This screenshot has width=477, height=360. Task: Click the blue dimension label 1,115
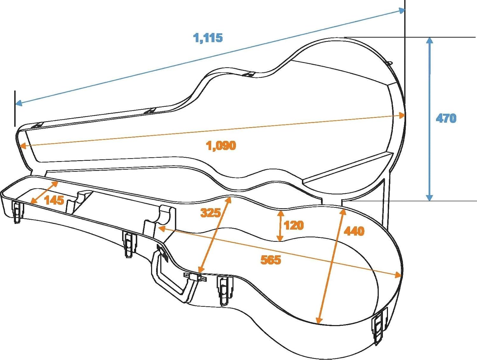pyautogui.click(x=208, y=38)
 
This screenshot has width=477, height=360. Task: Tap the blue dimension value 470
pyautogui.click(x=446, y=118)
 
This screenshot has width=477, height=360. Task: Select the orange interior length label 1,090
pyautogui.click(x=221, y=146)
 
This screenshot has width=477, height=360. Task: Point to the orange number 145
pyautogui.click(x=54, y=200)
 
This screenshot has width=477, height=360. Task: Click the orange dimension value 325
pyautogui.click(x=211, y=213)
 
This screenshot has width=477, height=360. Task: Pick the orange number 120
pyautogui.click(x=294, y=225)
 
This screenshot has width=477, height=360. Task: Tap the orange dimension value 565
pyautogui.click(x=271, y=260)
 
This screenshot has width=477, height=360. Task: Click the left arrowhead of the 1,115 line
pyautogui.click(x=19, y=103)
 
